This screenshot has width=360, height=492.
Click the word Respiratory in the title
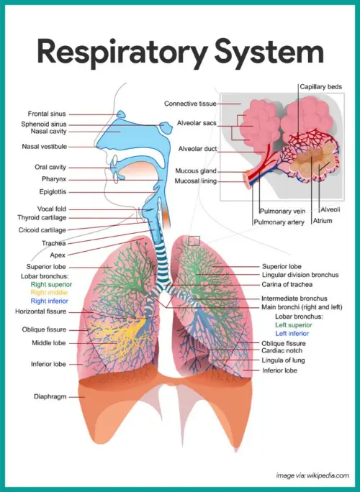(x=114, y=55)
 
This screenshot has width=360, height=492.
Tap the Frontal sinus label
(x=48, y=114)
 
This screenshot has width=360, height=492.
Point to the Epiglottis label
(x=53, y=192)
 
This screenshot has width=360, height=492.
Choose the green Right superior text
(x=45, y=285)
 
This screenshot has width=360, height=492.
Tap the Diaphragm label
(x=50, y=396)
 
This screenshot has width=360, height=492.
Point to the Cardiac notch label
(x=282, y=350)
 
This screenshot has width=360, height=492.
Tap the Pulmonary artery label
(x=279, y=223)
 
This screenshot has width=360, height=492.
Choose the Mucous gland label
(x=196, y=171)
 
